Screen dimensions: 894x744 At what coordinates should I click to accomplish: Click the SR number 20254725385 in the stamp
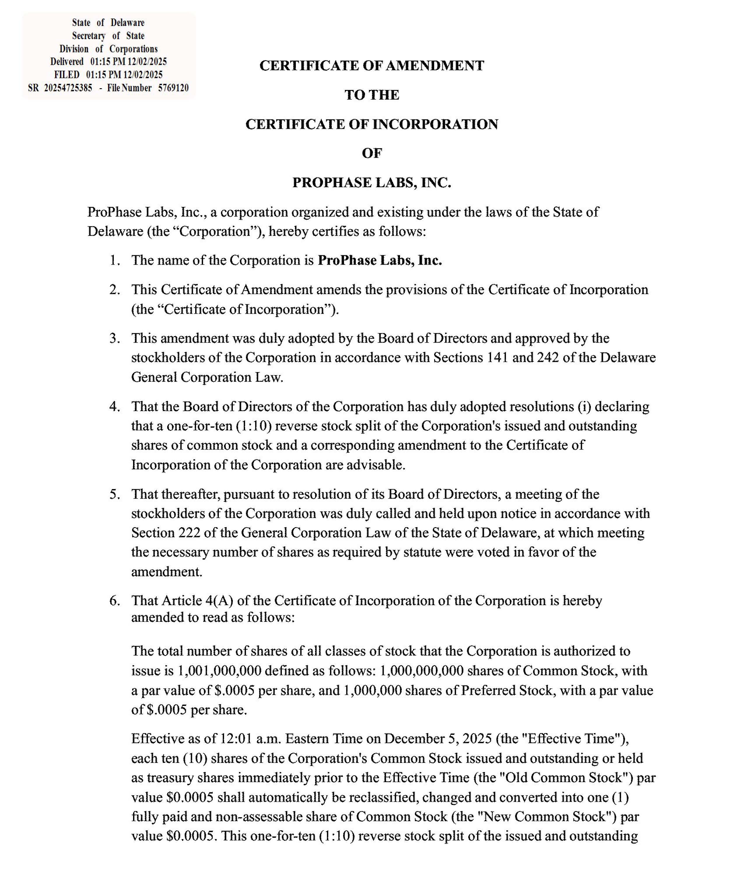68,88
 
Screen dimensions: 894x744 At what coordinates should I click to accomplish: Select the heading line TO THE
372,95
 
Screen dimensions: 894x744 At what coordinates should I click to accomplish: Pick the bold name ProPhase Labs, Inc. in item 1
380,260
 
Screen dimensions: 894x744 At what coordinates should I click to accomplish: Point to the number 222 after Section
181,532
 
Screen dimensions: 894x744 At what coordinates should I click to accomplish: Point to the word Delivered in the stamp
67,62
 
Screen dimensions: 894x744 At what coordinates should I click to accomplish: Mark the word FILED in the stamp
67,75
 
